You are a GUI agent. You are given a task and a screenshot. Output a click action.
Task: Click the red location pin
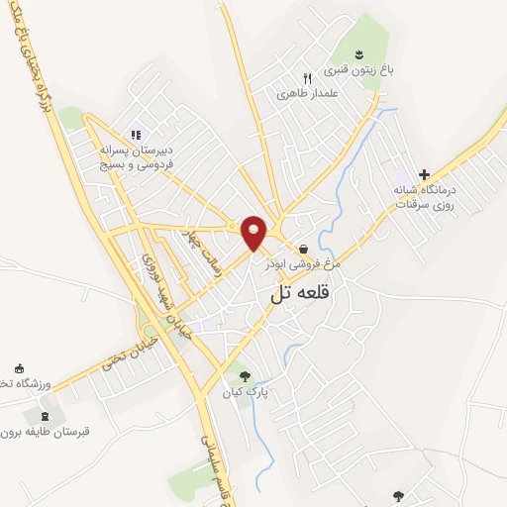pyautogui.click(x=254, y=232)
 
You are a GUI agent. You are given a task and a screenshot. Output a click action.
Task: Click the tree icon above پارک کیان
pyautogui.click(x=245, y=375)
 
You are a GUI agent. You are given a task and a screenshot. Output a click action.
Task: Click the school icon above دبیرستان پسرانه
pyautogui.click(x=136, y=135)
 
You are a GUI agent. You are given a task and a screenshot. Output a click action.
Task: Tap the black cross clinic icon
pyautogui.click(x=425, y=174)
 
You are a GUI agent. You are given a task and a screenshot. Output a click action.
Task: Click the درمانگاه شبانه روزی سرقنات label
pyautogui.click(x=423, y=196)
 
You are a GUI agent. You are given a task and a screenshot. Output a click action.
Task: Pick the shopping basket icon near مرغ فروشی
pyautogui.click(x=302, y=249)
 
